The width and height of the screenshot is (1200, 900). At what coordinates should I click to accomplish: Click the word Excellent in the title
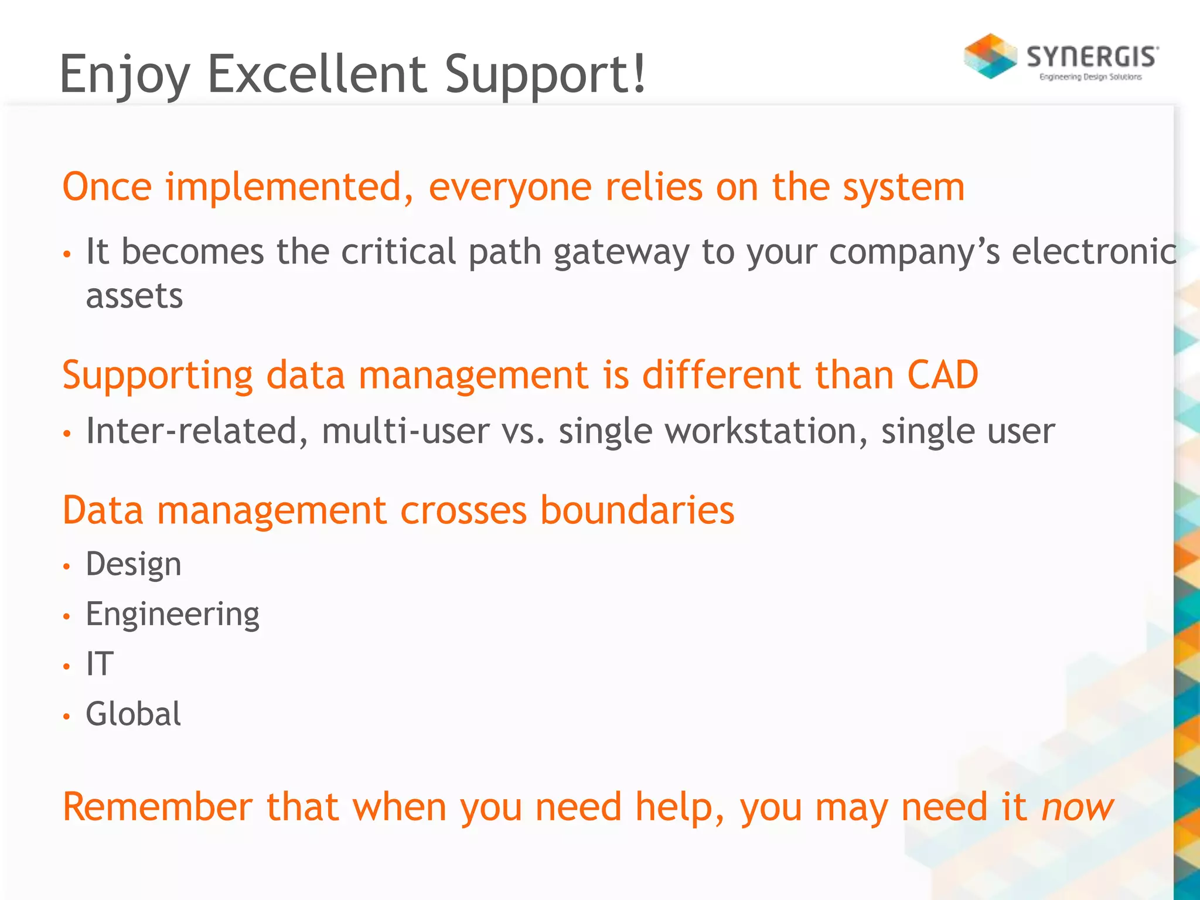pos(317,74)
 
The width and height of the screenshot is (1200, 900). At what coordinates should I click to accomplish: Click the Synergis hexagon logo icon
pos(990,56)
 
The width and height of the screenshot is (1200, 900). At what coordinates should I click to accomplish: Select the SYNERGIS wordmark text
pos(1092,57)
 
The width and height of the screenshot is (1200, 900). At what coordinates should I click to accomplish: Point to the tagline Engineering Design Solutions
pos(1090,77)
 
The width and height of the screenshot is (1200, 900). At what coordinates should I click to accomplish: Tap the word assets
pos(134,296)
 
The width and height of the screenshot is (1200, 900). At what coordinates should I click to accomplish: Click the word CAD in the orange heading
pos(942,375)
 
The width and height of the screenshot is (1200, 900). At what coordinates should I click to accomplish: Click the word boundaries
pos(637,510)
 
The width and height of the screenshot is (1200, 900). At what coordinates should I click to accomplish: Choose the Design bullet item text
pos(134,565)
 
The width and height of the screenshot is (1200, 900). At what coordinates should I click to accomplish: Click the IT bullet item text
pos(100,664)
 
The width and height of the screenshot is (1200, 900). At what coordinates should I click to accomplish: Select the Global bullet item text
pos(134,714)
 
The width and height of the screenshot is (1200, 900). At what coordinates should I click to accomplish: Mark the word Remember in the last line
pos(158,807)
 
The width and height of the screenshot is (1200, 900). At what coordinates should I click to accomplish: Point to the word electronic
pos(1094,252)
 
